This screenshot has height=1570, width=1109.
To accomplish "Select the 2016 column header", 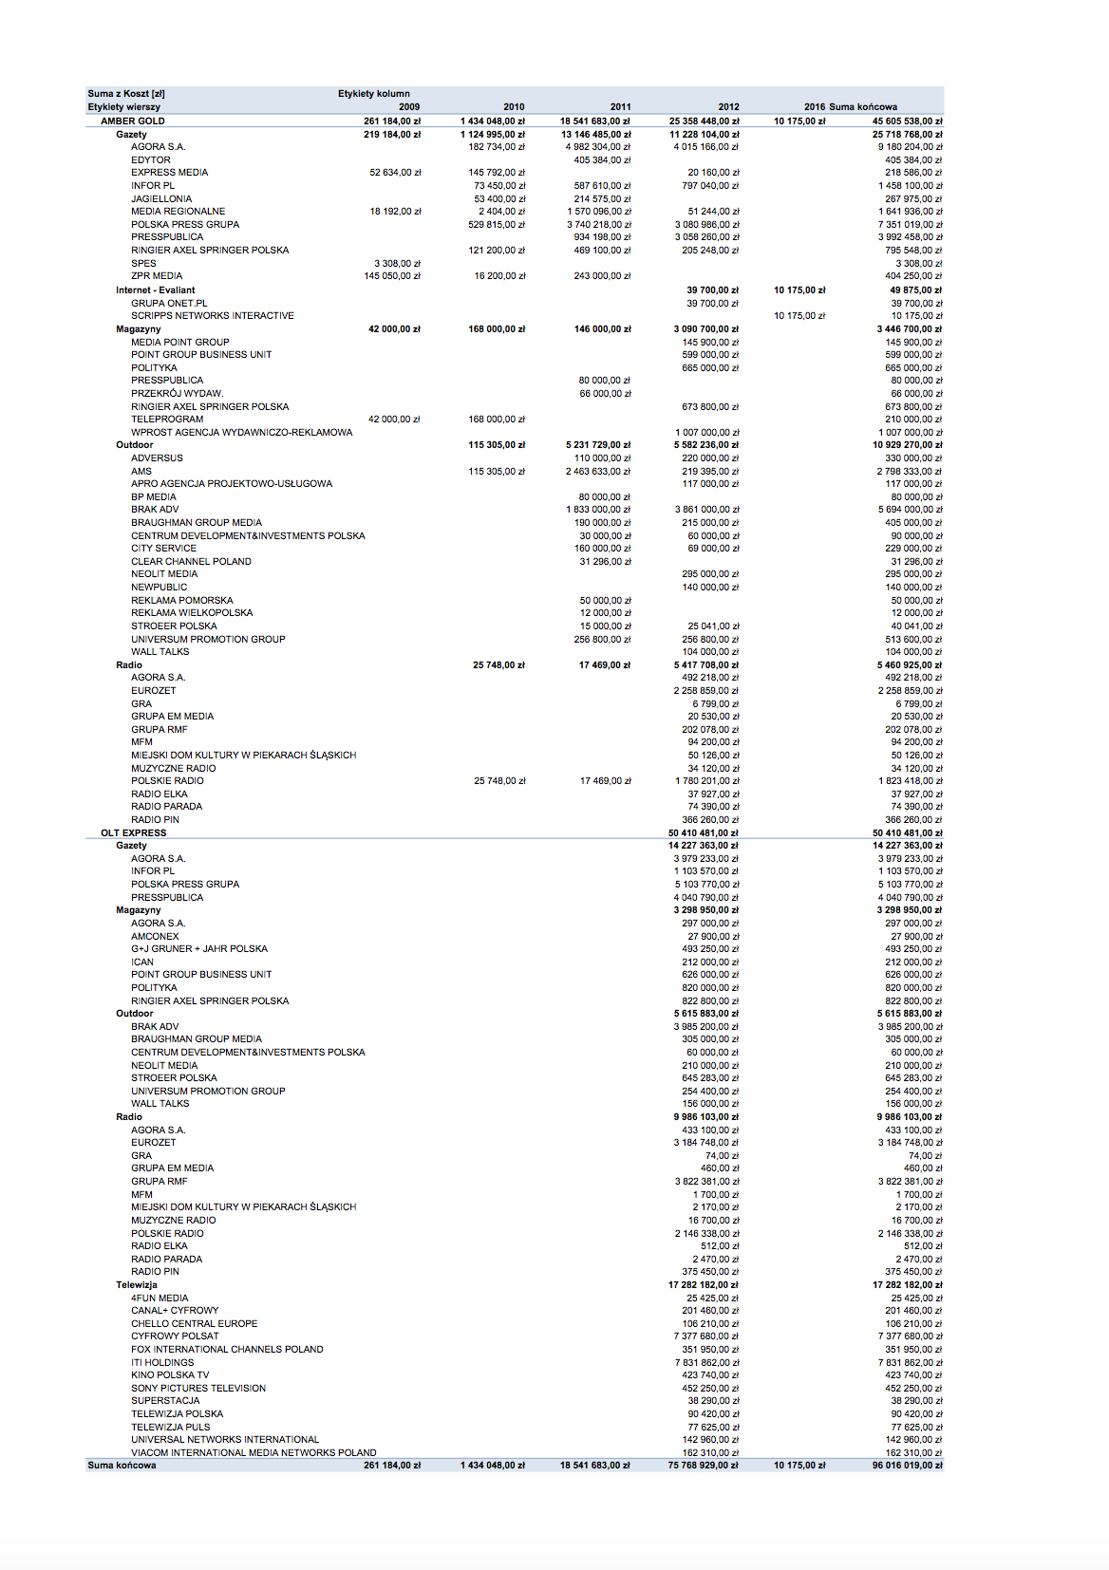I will pos(814,107).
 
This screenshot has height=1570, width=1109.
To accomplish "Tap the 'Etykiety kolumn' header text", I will pos(374,94).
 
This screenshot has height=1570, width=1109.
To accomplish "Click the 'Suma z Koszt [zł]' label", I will pos(126,94).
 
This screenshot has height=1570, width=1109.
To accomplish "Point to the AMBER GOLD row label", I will pos(133,121).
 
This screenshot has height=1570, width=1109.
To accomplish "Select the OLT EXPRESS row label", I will pos(134,833).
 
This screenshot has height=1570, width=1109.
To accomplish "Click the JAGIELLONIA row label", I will pos(161,199).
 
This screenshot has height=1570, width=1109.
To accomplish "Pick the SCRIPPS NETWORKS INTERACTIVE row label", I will pos(213,316).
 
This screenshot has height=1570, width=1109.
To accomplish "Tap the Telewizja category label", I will pos(137,1285).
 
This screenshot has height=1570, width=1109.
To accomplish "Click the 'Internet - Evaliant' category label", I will pos(156,290).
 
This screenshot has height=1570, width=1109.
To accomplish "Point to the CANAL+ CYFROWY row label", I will pos(175,1311).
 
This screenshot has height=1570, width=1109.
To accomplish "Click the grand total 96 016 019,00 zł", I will pos(907,1466).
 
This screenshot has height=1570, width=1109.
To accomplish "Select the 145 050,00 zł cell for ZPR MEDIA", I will pos(392,276).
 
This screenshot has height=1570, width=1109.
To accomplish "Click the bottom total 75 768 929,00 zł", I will pos(703,1466).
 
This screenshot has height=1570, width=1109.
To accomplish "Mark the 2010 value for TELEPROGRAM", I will pos(497,420).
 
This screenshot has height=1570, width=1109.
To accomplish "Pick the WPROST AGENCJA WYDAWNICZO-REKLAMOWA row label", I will pos(242,433).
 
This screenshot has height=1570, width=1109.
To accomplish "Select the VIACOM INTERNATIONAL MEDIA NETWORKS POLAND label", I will pos(254,1453).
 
